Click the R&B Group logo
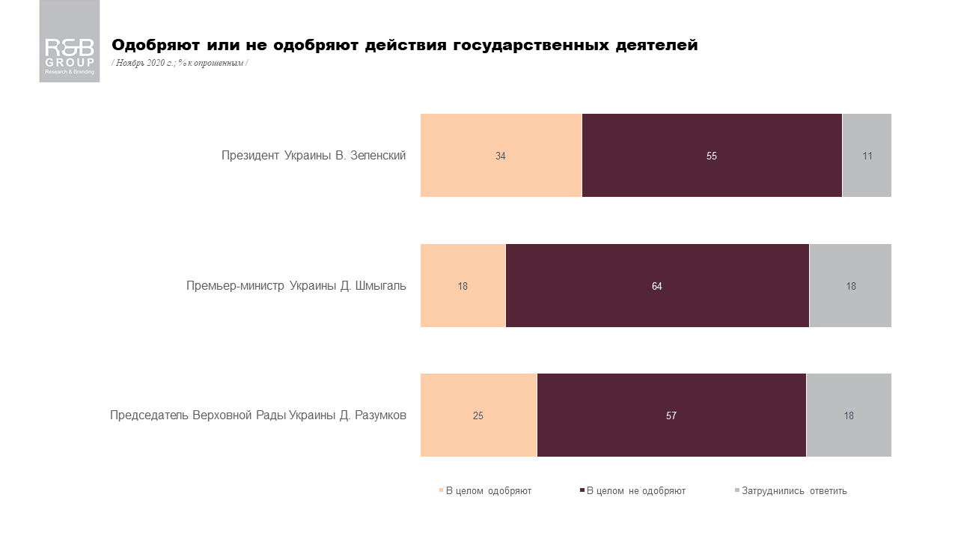pyautogui.click(x=70, y=41)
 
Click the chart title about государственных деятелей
pyautogui.click(x=404, y=46)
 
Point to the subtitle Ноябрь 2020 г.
pyautogui.click(x=180, y=63)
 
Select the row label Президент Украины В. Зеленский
pyautogui.click(x=314, y=156)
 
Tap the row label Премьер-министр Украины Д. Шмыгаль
pyautogui.click(x=296, y=286)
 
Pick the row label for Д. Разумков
pyautogui.click(x=258, y=415)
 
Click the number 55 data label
pyautogui.click(x=712, y=156)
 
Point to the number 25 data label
pyautogui.click(x=478, y=416)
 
